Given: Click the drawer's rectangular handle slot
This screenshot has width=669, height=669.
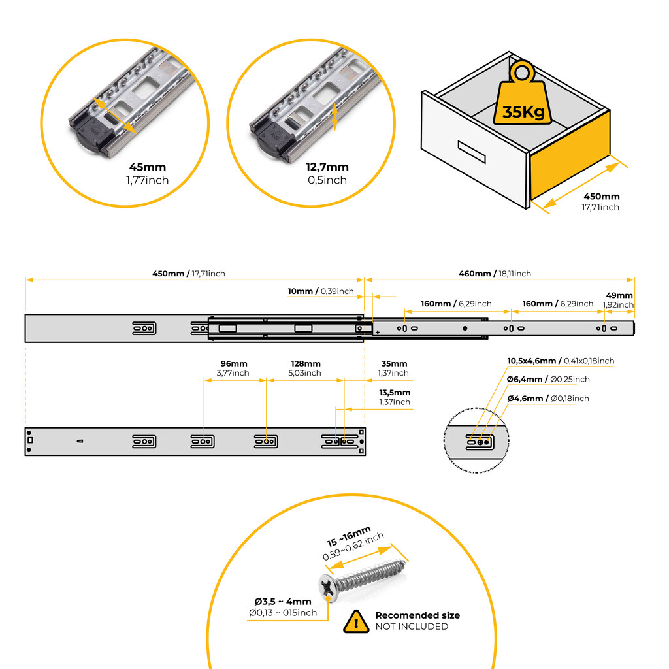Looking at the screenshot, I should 472,152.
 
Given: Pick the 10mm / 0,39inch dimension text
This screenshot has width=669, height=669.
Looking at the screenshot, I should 321,291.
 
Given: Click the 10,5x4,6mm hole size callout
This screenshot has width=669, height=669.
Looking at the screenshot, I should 561,361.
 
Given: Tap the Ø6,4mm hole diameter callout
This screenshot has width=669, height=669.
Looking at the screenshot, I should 548,379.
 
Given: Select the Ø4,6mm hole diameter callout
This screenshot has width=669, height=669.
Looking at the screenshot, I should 547,398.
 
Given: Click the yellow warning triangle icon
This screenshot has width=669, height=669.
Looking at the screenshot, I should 356,621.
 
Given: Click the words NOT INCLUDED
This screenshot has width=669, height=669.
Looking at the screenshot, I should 412,627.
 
